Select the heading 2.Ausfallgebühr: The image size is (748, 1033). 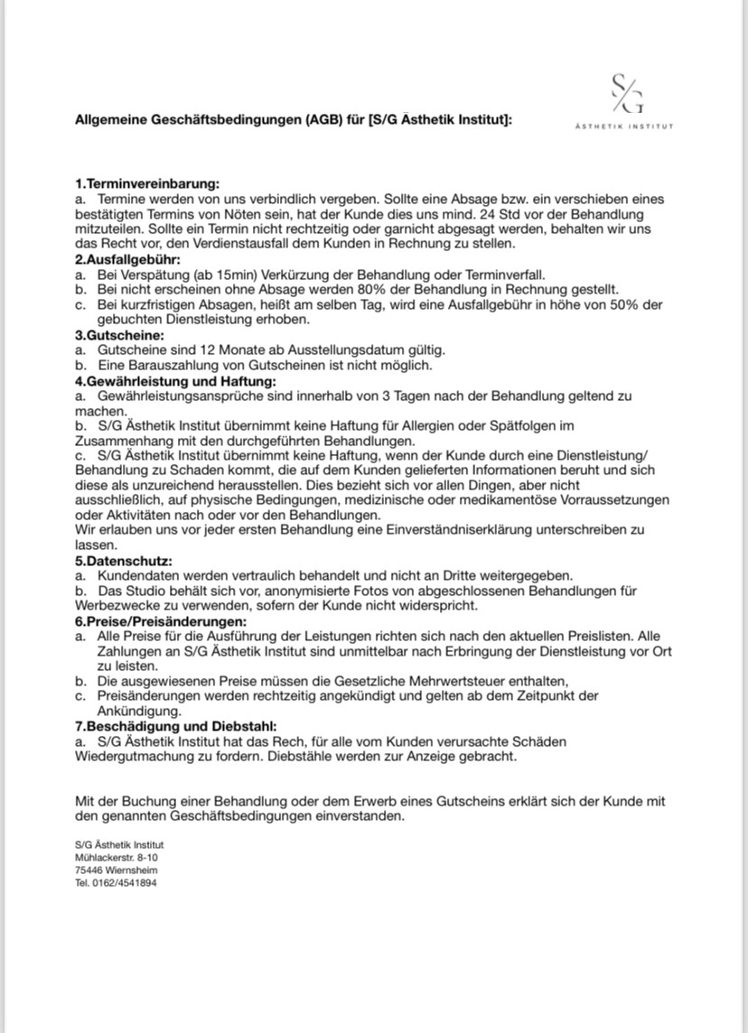coord(128,259)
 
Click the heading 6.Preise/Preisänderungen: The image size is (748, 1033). coord(161,622)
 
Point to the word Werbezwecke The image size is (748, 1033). coord(117,605)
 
